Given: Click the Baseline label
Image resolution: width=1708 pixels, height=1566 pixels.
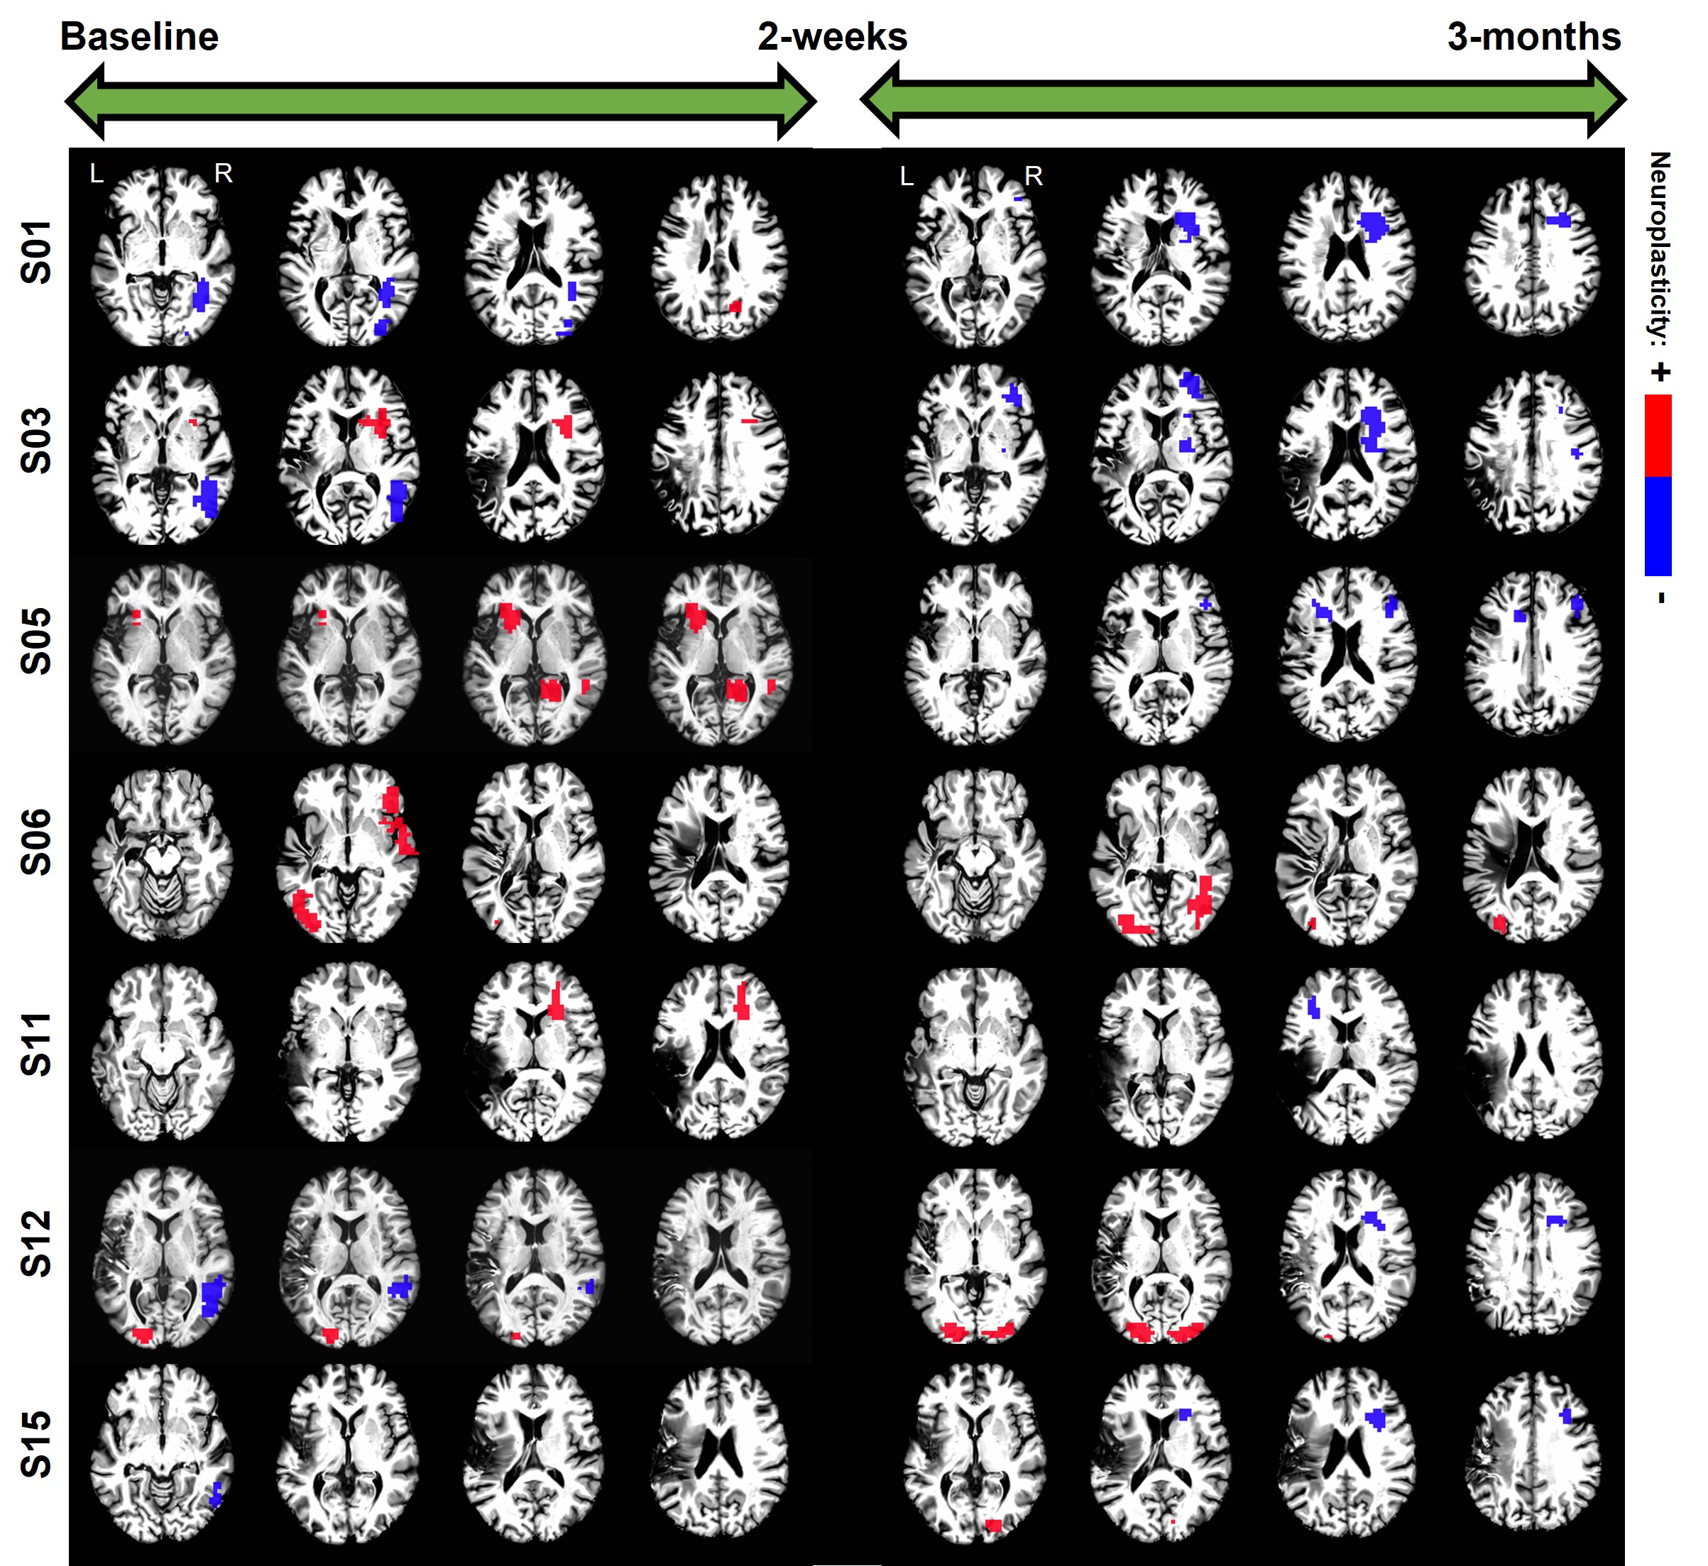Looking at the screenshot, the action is click(x=139, y=36).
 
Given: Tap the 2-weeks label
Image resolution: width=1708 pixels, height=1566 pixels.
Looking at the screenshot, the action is click(x=833, y=36).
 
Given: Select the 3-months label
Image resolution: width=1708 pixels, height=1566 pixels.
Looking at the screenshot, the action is click(x=1533, y=36).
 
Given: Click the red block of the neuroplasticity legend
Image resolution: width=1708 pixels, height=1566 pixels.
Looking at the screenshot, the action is click(x=1658, y=435).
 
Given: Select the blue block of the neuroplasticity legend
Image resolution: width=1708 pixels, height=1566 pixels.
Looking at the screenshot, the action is click(x=1658, y=525).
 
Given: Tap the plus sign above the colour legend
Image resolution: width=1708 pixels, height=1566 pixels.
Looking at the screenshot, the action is click(x=1660, y=372).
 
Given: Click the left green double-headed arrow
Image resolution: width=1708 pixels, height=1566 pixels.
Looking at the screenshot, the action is click(x=441, y=101).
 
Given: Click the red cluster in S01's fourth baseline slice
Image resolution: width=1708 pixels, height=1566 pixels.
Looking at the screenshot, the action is click(x=735, y=306).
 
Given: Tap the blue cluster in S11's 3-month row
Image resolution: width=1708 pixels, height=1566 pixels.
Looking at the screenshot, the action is click(x=1314, y=1008).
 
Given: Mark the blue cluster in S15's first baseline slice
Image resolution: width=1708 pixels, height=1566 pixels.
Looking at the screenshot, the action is click(x=216, y=1494).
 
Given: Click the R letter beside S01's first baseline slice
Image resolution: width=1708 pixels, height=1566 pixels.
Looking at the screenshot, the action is click(x=223, y=174).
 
